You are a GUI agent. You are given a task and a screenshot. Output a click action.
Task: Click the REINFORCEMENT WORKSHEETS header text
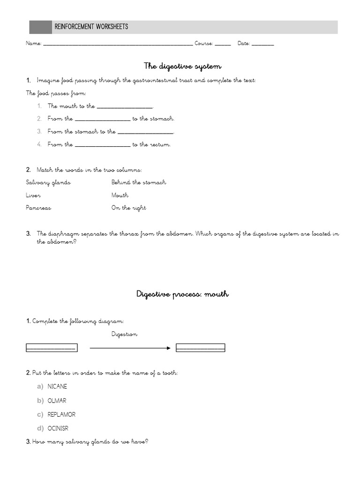pyautogui.click(x=91, y=27)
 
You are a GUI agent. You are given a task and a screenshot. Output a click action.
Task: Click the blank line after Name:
pyautogui.click(x=118, y=45)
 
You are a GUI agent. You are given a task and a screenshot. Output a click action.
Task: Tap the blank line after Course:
pyautogui.click(x=223, y=45)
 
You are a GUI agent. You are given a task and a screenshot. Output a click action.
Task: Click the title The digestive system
pyautogui.click(x=182, y=66)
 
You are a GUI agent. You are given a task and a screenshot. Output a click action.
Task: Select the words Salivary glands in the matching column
pyautogui.click(x=48, y=182)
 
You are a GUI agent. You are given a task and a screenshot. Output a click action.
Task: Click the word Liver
pyautogui.click(x=33, y=195)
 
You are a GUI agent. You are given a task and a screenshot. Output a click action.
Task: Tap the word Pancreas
pyautogui.click(x=38, y=208)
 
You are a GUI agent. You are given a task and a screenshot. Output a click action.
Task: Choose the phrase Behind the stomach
pyautogui.click(x=139, y=182)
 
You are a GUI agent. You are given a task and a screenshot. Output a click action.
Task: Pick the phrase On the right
pyautogui.click(x=128, y=208)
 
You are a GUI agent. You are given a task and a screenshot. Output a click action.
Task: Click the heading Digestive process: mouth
pyautogui.click(x=182, y=294)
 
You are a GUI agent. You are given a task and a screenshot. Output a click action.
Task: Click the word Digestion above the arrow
pyautogui.click(x=125, y=334)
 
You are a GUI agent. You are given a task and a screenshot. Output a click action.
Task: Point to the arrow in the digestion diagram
pyautogui.click(x=130, y=348)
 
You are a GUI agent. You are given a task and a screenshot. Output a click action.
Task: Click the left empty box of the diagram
pyautogui.click(x=51, y=348)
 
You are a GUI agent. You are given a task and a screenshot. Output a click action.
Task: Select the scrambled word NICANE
pyautogui.click(x=57, y=387)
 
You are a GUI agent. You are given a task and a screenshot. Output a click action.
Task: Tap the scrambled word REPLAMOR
pyautogui.click(x=61, y=414)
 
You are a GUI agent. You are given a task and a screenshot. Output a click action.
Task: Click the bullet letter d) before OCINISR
pyautogui.click(x=40, y=428)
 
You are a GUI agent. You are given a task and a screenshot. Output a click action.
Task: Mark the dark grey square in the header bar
pyautogui.click(x=41, y=27)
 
